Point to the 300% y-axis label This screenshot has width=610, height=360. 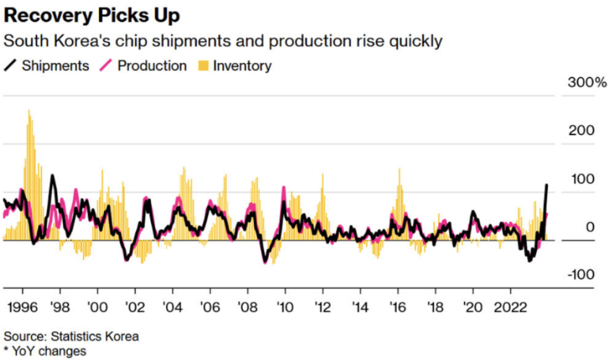click(586, 83)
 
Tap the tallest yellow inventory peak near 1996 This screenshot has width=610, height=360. click(29, 111)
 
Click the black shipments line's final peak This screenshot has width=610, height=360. click(546, 185)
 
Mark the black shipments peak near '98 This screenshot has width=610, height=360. click(53, 176)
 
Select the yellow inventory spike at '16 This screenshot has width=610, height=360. click(399, 170)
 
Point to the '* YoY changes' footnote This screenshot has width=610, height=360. click(45, 351)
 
